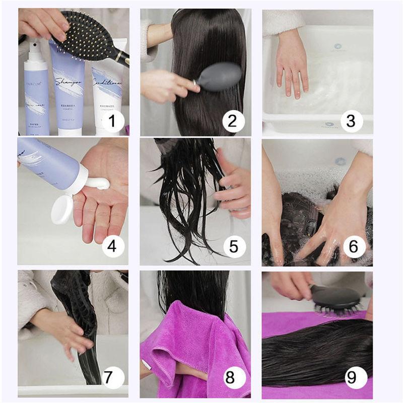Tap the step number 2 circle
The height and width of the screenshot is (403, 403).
233,121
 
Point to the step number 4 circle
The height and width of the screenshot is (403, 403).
113,246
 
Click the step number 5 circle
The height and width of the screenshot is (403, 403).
234,246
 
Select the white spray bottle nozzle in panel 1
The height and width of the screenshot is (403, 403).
35,43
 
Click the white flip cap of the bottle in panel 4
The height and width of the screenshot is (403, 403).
62,209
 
